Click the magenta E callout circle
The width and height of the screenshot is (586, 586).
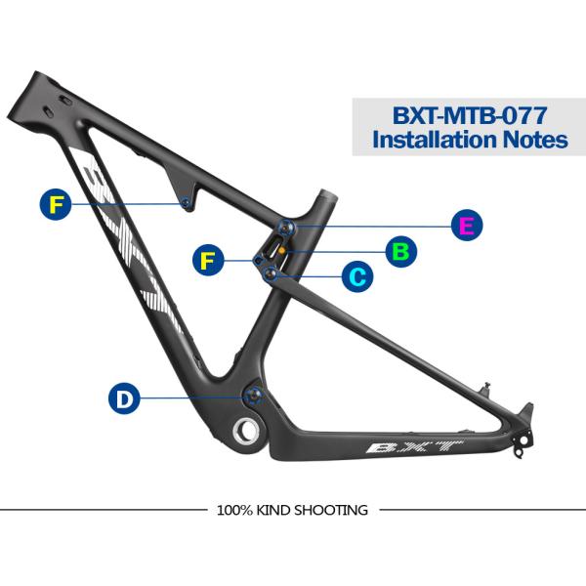tap(467, 225)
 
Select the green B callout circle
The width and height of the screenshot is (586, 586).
tap(401, 252)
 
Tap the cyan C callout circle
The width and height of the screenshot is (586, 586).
tap(357, 276)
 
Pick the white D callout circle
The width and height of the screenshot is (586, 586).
tap(124, 398)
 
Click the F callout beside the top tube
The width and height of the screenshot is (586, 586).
tap(56, 204)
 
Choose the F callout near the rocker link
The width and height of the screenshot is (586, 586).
tap(208, 260)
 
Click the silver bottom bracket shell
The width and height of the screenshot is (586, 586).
tap(245, 431)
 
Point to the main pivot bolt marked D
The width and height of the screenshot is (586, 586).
tap(253, 397)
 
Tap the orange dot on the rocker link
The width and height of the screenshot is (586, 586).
tap(282, 250)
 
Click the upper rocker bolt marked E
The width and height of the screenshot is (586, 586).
tap(285, 227)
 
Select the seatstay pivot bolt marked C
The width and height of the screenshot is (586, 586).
tap(270, 274)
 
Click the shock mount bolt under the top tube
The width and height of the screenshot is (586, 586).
tap(186, 203)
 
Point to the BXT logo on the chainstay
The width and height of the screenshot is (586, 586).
tap(414, 446)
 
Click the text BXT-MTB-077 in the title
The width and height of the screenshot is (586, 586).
tap(470, 115)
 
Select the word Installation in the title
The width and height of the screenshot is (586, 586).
tap(435, 139)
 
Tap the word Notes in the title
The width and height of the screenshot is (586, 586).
tap(535, 139)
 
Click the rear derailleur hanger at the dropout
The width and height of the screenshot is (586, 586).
tap(523, 443)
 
